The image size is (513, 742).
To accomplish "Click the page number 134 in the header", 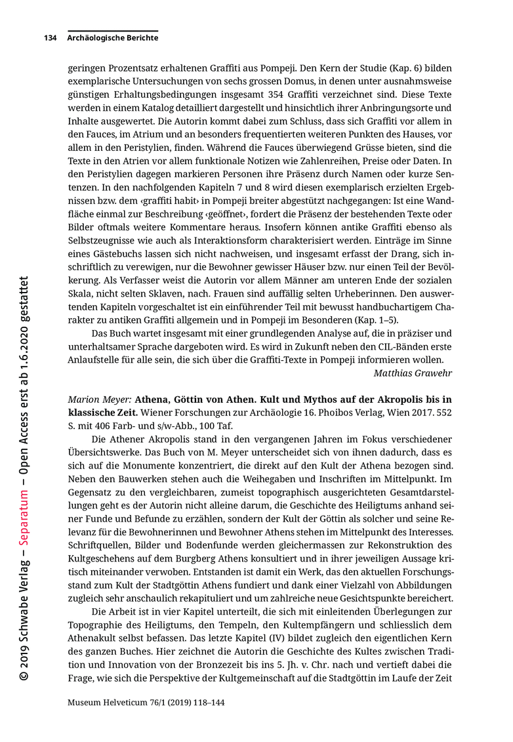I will (x=50, y=38).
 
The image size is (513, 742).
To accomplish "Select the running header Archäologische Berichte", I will (x=112, y=38).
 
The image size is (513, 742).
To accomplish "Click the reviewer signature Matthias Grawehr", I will (x=413, y=373).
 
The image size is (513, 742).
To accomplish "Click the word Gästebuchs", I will (x=125, y=254).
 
